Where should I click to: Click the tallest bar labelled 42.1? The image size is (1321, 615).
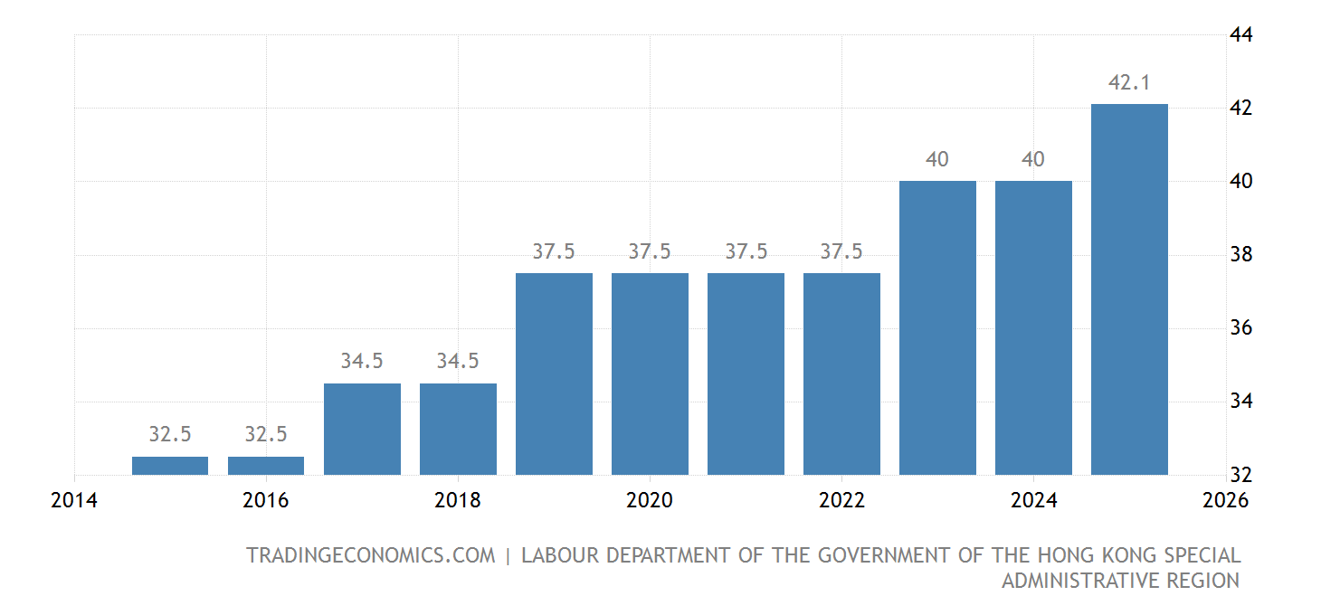(1129, 289)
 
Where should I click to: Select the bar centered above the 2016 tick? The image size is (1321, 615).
(266, 466)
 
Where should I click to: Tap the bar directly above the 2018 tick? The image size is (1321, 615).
(458, 429)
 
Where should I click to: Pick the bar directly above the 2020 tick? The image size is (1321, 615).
(650, 374)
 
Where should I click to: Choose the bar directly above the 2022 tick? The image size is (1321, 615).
(841, 374)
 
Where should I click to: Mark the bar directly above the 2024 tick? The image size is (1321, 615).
(1033, 327)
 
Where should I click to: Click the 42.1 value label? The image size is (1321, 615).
(1129, 83)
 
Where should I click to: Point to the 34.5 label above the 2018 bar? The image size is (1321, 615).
(458, 361)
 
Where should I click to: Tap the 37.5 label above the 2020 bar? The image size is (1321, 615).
(650, 251)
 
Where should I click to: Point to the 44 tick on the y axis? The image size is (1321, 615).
(1240, 34)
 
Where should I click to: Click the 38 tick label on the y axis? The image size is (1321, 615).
(1240, 255)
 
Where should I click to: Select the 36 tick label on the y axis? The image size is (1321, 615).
(1240, 328)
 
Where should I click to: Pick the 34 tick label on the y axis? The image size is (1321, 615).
(1240, 402)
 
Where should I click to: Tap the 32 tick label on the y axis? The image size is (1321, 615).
(1240, 475)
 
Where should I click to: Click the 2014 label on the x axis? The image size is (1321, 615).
(74, 500)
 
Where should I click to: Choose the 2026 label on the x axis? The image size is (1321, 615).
(1225, 500)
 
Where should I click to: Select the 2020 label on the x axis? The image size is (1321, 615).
(650, 500)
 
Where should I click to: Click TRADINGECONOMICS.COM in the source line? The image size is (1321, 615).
(370, 555)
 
